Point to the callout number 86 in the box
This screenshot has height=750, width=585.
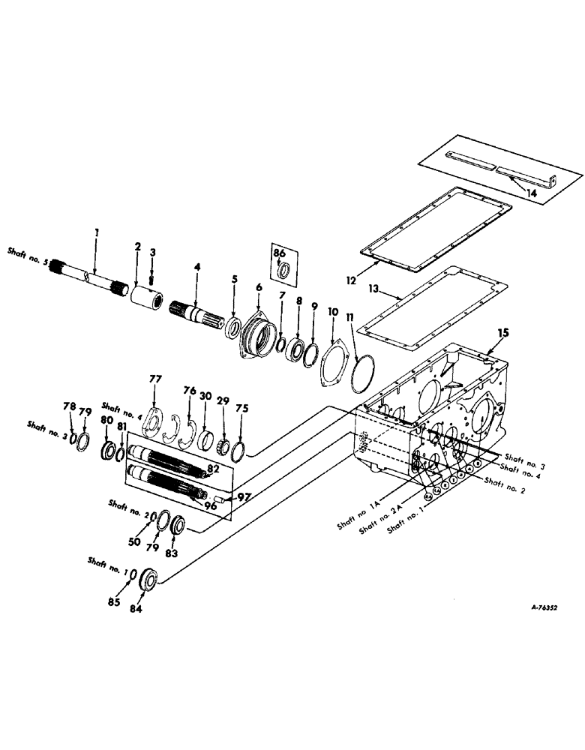pyautogui.click(x=279, y=254)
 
